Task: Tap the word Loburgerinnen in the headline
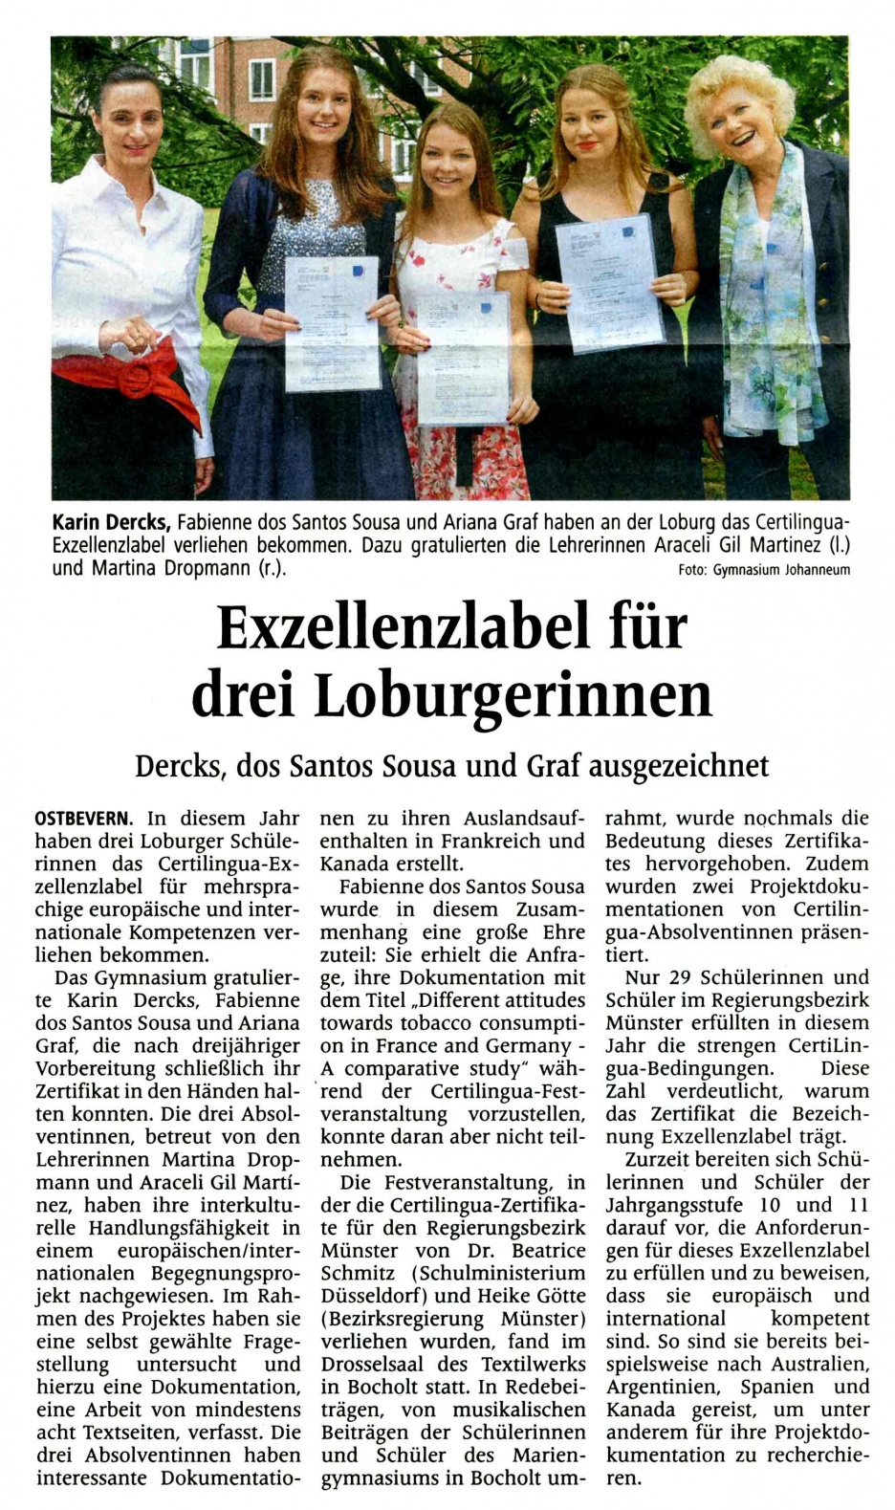click(513, 696)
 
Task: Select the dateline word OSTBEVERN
click(83, 819)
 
